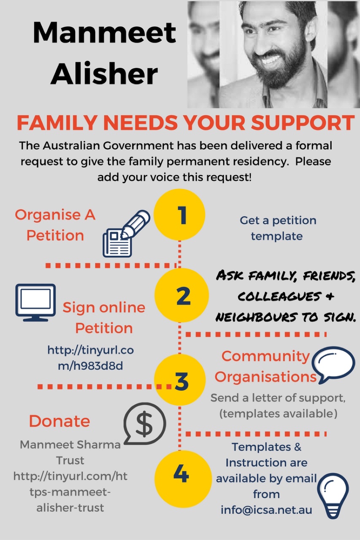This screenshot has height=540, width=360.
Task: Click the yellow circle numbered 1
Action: (180, 215)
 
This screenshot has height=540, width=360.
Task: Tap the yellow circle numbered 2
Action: (181, 295)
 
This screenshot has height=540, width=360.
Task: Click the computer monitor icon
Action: (36, 302)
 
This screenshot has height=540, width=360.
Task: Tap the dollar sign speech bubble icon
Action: (145, 424)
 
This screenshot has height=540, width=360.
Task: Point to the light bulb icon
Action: (333, 495)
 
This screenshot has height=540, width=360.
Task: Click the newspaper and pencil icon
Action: (126, 233)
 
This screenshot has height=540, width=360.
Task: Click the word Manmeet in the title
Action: (104, 32)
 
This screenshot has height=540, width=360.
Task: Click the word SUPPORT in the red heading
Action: (303, 122)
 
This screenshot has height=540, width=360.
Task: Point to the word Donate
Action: (60, 421)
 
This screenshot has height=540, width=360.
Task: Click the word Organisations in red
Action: (265, 377)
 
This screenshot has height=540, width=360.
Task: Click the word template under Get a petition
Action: (277, 236)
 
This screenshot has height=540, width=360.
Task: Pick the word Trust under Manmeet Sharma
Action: (70, 460)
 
